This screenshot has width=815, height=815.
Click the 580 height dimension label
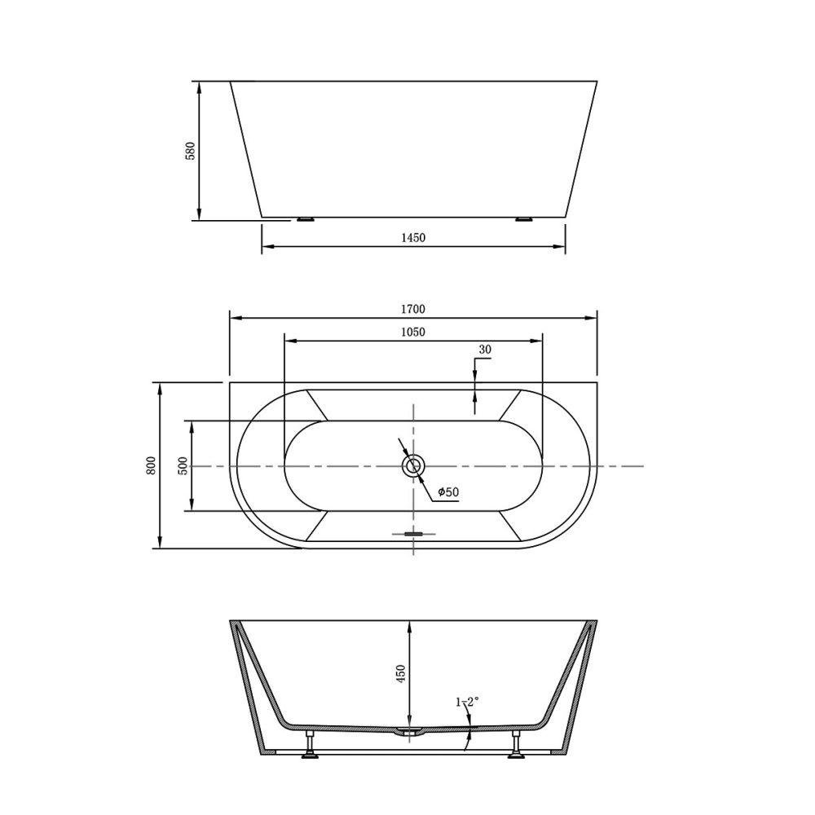tap(191, 151)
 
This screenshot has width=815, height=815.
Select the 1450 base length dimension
tap(413, 238)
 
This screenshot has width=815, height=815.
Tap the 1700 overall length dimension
tap(413, 309)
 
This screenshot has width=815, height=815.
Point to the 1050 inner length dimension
tap(413, 332)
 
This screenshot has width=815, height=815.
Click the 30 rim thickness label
tap(485, 350)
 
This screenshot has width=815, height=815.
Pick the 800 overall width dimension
tap(151, 465)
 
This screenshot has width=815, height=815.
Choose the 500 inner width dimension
tap(183, 465)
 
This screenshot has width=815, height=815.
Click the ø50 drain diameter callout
tap(448, 491)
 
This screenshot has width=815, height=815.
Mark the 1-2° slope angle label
tap(467, 701)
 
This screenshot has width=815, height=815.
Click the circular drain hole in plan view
tap(413, 466)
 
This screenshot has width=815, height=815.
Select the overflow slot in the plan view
tap(413, 535)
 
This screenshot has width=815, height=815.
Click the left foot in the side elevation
tap(306, 219)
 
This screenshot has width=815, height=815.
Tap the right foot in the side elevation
tap(523, 219)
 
